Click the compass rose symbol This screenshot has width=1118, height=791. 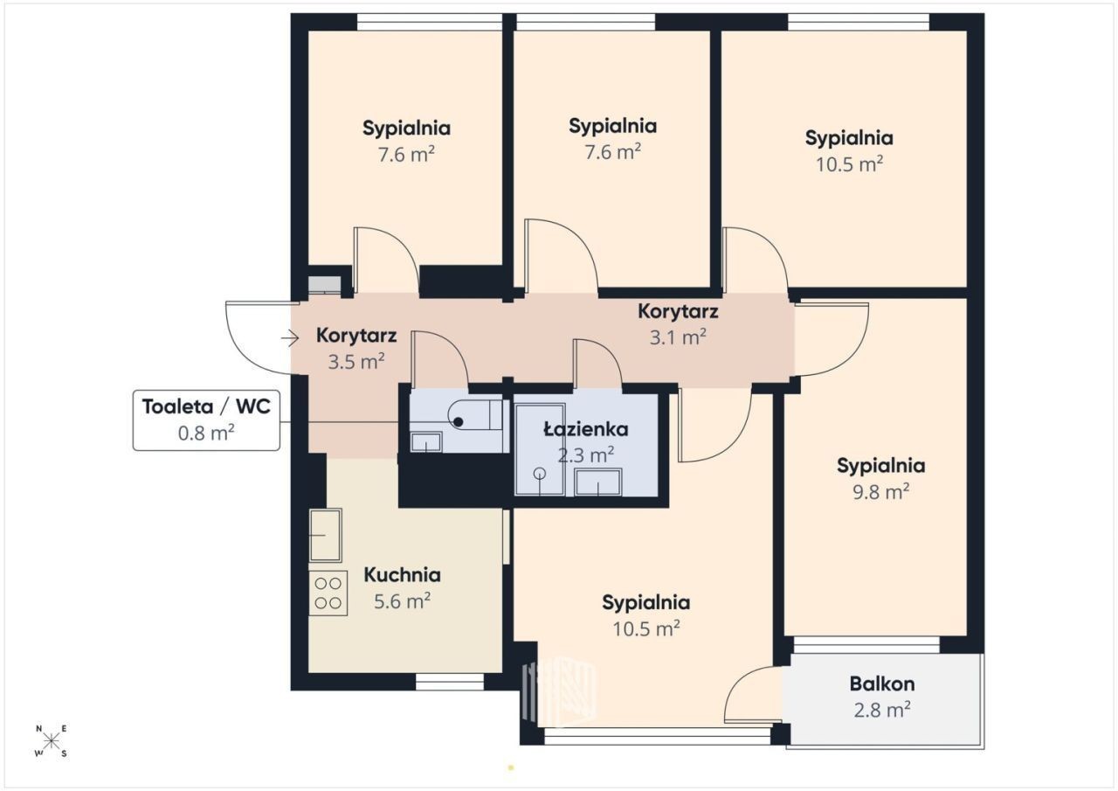51,741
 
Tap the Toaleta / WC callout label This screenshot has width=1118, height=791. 206,420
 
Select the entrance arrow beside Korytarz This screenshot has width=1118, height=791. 290,338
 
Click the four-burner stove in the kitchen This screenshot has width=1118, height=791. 328,593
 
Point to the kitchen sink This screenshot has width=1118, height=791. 326,535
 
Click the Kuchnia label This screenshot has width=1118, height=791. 403,575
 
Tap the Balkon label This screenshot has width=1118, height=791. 882,683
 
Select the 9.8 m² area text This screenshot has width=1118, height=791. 881,492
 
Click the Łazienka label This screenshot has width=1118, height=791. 586,428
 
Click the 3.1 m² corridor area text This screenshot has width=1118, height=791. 678,337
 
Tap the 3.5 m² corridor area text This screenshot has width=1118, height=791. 356,362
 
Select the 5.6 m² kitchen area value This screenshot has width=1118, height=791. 403,600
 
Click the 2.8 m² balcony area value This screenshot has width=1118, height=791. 882,710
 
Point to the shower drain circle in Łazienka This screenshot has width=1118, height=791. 540,473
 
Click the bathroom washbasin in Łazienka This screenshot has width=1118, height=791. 598,482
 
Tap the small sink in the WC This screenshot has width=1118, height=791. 425,442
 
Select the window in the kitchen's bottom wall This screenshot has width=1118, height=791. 450,682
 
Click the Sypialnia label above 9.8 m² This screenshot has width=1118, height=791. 881,465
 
